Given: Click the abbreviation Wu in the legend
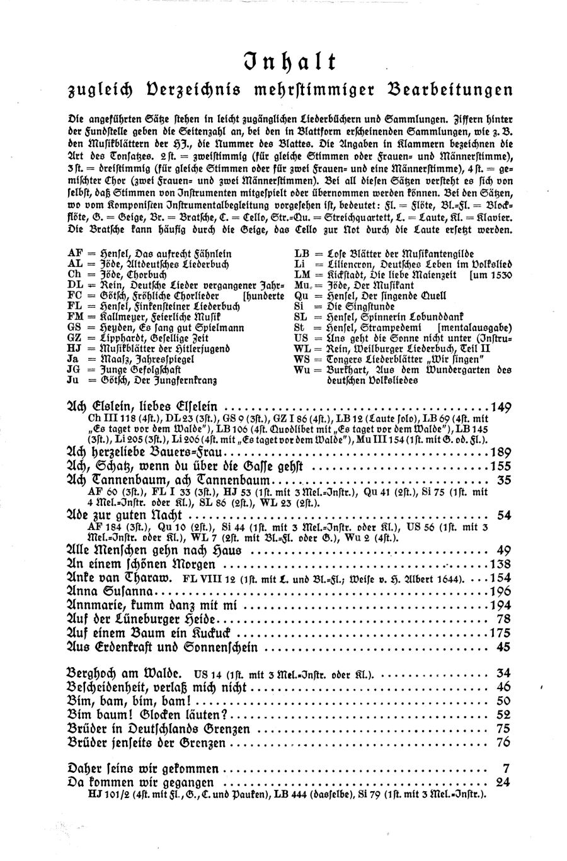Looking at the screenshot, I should click(x=302, y=369).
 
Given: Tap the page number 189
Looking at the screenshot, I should click(x=500, y=453).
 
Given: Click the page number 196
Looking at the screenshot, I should click(x=500, y=592).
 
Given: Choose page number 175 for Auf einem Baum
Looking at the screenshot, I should click(x=500, y=633).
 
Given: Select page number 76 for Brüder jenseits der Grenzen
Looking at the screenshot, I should click(x=503, y=742).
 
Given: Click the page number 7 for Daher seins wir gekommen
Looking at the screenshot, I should click(x=506, y=769).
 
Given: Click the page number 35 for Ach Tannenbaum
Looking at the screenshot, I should click(x=503, y=480).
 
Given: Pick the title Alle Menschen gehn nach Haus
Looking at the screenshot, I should click(x=149, y=550).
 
